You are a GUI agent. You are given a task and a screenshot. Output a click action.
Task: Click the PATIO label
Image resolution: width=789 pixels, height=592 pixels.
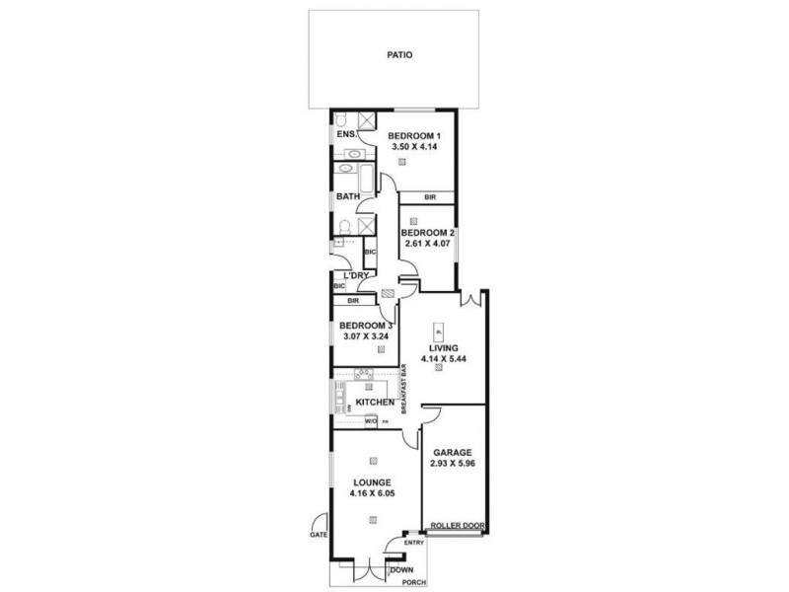(x=399, y=56)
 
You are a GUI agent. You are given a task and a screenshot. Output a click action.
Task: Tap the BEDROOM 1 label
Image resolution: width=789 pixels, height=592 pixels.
(x=413, y=135)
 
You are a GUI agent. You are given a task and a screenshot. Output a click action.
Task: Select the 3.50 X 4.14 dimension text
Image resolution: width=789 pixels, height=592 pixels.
(x=413, y=146)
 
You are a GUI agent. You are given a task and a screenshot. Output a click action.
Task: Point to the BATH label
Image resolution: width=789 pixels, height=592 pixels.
(x=346, y=196)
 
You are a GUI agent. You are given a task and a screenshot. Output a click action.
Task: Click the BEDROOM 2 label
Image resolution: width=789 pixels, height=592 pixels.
(x=427, y=233)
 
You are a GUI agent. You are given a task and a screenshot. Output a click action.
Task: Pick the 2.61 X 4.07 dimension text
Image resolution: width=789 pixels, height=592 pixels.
(x=427, y=244)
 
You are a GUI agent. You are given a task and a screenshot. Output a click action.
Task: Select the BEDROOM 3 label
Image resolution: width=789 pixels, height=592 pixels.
(x=366, y=326)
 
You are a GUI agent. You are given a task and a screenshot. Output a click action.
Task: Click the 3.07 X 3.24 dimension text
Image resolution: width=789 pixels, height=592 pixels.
(x=366, y=336)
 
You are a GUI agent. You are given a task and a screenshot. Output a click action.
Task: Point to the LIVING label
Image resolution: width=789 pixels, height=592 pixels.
(x=442, y=346)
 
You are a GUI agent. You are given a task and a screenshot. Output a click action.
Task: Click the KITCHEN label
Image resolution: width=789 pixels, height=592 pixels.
(x=376, y=403)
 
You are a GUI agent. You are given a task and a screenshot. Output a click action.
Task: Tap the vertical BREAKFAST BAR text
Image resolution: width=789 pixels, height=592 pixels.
(x=404, y=390)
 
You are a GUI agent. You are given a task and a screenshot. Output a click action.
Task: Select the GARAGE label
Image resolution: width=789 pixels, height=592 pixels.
(x=453, y=452)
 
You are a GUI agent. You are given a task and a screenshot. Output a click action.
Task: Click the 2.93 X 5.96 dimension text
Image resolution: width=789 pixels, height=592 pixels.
(x=453, y=463)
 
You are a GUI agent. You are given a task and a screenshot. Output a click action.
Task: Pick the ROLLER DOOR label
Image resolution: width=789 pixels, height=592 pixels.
(x=458, y=527)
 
